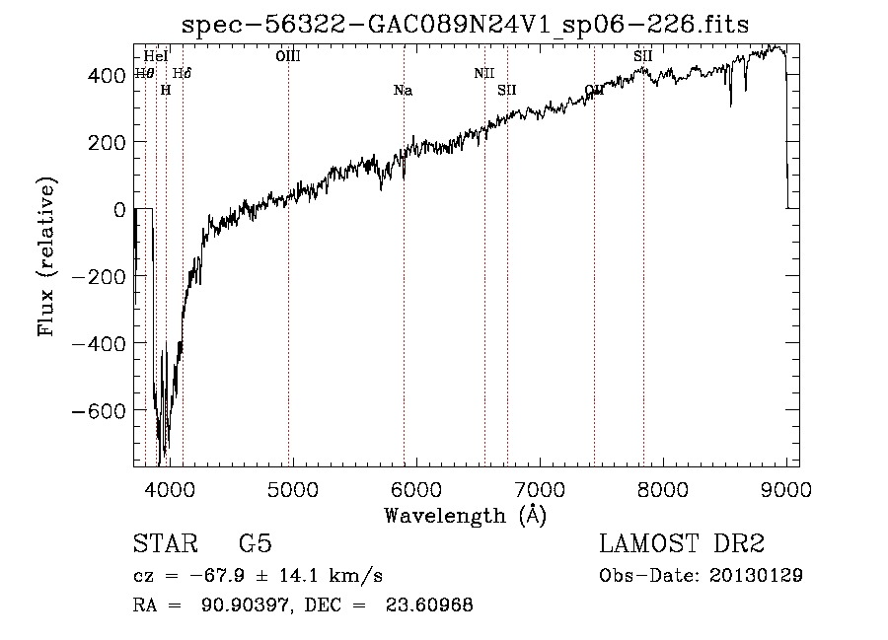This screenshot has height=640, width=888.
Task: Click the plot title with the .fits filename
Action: click(467, 24)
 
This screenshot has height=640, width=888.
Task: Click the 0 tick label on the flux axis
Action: click(119, 209)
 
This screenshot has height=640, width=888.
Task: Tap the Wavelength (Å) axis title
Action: click(465, 515)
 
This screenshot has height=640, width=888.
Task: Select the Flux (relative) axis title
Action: click(47, 256)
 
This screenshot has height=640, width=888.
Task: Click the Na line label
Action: click(403, 91)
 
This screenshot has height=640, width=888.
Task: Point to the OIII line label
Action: click(288, 56)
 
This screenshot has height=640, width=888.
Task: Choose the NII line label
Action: click(483, 73)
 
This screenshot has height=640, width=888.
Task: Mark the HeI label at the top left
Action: click(156, 56)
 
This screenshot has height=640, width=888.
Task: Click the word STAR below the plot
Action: click(165, 544)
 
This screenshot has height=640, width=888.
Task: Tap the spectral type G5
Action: click(256, 544)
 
